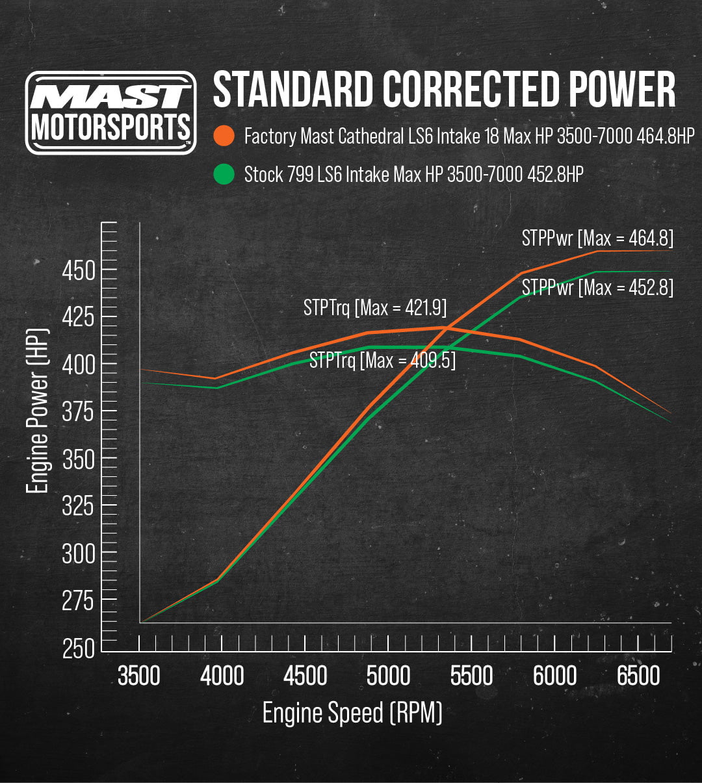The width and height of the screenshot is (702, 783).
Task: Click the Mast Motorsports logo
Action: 110,112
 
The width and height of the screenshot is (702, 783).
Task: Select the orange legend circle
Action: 224,136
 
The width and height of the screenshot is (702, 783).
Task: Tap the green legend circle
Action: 224,174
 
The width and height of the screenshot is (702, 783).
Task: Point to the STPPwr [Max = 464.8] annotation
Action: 597,238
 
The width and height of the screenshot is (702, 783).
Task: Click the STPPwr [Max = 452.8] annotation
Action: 597,287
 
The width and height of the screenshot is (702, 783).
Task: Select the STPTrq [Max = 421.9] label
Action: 375,307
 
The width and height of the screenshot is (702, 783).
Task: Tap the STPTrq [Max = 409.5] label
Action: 382,359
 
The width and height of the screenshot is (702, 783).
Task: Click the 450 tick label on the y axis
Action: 79,270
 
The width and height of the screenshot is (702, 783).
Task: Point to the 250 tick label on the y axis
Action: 79,648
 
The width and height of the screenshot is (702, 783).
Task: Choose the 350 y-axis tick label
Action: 79,459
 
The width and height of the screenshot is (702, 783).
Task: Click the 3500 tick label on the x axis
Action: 139,676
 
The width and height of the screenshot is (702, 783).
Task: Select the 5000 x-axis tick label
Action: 388,676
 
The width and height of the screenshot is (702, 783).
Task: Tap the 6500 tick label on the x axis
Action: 638,676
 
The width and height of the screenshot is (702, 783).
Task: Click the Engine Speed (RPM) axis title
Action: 352,713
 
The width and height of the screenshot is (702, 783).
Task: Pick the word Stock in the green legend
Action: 263,174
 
